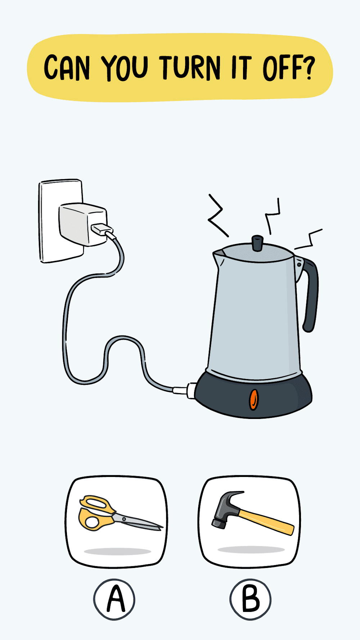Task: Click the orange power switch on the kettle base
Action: (254, 399)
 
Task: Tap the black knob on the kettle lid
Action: (257, 243)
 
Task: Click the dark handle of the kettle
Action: (310, 292)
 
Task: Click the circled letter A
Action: (114, 599)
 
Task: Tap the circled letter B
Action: (250, 599)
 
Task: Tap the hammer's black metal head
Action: (227, 508)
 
